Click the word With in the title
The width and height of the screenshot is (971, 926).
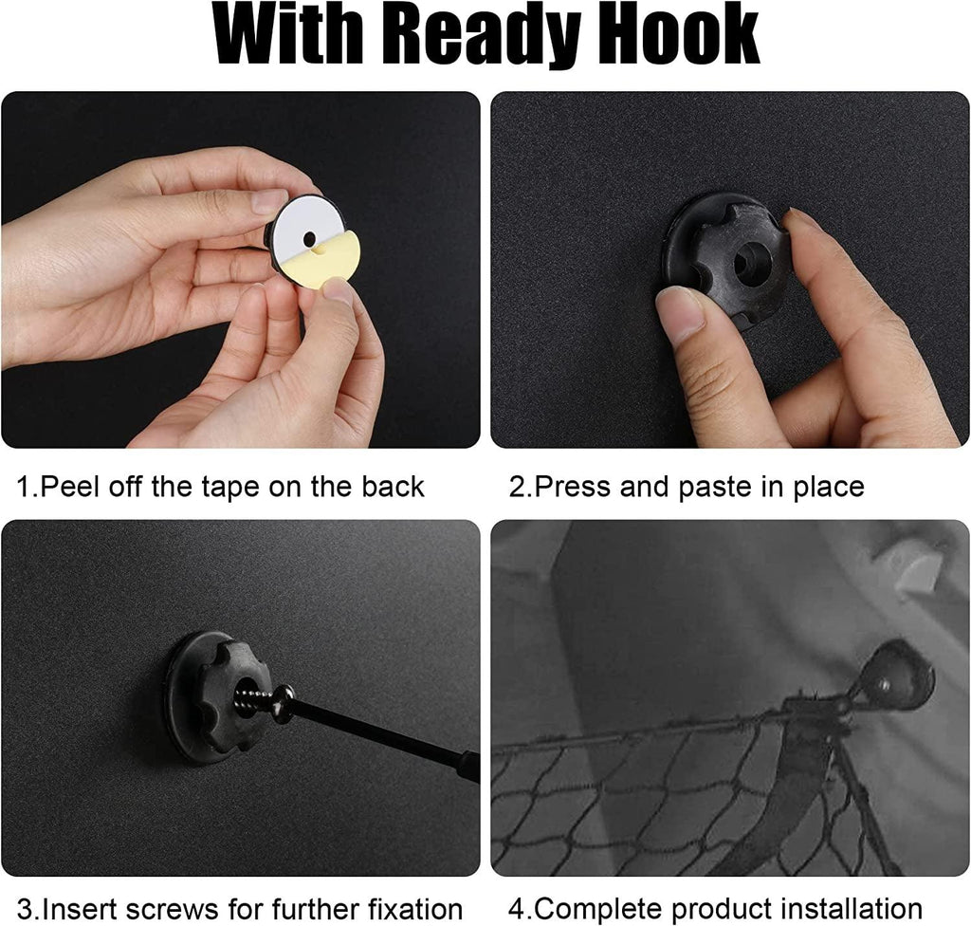click(x=288, y=33)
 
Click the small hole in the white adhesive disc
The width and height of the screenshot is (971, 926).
click(x=308, y=238)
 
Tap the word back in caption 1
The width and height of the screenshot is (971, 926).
click(x=394, y=487)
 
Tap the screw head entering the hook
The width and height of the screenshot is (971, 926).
click(x=284, y=703)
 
